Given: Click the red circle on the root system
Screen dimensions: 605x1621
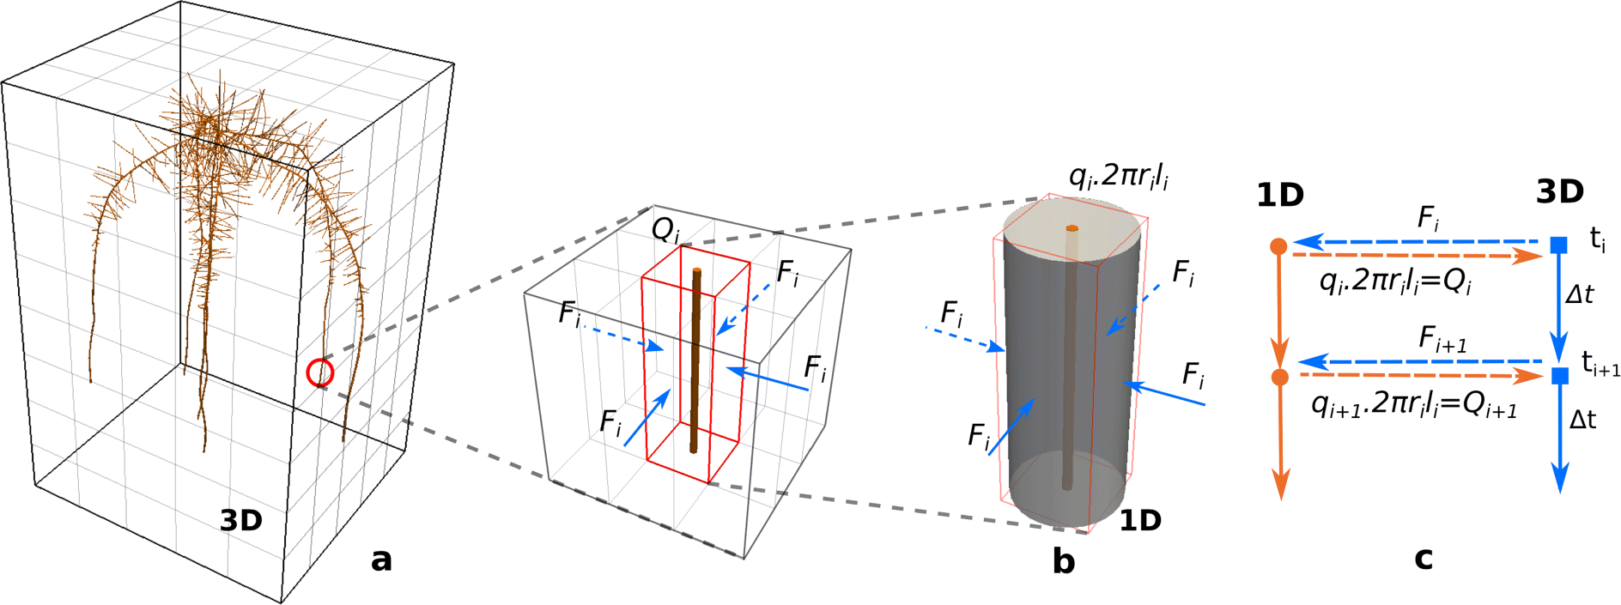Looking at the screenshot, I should [320, 372].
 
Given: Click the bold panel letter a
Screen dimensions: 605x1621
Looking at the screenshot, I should [381, 560].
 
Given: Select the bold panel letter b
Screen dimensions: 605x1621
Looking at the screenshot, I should [1064, 560].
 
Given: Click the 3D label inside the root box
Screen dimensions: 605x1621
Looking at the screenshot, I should [241, 520].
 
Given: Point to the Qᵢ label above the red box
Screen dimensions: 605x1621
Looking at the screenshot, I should [666, 229].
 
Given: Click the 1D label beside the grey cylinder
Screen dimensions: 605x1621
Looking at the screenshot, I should [1140, 520].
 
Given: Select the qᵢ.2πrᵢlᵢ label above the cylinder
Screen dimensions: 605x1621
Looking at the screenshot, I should [1118, 177].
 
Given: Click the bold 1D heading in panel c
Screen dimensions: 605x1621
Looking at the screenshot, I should [1279, 197].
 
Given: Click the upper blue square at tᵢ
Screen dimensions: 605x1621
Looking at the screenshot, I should [1559, 245].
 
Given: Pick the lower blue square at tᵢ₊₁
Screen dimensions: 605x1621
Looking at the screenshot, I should [1560, 376].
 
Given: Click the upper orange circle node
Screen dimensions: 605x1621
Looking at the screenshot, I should [1278, 247].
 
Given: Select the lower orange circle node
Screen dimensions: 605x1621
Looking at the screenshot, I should [1279, 378].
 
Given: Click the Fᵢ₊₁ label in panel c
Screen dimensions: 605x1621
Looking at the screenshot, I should [1442, 341].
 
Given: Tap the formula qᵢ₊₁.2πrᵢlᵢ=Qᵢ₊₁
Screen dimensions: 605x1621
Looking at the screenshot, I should [1414, 405].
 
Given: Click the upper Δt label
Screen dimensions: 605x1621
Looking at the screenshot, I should [1580, 294].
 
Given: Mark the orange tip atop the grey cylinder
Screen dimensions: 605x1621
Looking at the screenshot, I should [1072, 228].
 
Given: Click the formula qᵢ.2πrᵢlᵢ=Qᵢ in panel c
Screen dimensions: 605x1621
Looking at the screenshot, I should [1395, 282].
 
